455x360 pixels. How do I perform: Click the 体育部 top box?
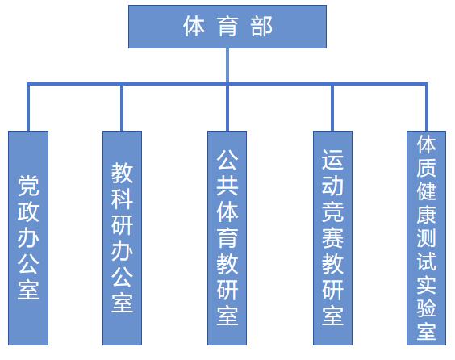(x=227, y=27)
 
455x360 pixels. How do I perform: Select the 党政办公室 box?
(x=28, y=238)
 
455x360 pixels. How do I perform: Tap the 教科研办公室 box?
(x=122, y=238)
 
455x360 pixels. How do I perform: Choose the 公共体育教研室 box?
(x=227, y=238)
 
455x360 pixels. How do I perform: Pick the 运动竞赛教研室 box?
(x=333, y=238)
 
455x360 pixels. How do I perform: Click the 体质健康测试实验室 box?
(x=426, y=238)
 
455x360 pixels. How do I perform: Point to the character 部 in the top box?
(x=261, y=27)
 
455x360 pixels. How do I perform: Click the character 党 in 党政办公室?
(x=28, y=186)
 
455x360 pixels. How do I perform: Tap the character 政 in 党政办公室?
(x=28, y=211)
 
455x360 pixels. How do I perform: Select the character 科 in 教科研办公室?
(x=122, y=199)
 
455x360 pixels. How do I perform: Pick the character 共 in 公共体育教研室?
(x=227, y=186)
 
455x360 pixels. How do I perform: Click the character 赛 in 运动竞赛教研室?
(x=333, y=238)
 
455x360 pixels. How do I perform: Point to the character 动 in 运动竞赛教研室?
(x=333, y=186)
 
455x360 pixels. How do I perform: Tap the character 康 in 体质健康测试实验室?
(x=426, y=215)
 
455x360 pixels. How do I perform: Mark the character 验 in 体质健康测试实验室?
(x=426, y=308)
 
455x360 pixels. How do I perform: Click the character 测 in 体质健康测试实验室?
(x=426, y=238)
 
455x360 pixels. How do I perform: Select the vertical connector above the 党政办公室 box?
(x=28, y=107)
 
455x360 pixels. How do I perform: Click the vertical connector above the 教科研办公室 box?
(x=122, y=107)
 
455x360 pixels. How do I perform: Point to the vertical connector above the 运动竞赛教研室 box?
(x=332, y=107)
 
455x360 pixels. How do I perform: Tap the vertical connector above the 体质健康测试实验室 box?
(x=427, y=107)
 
